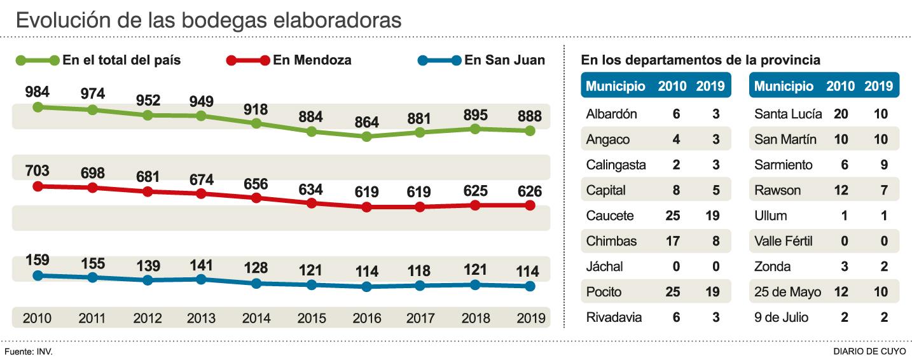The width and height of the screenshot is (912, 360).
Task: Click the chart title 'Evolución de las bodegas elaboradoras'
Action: click(x=209, y=20)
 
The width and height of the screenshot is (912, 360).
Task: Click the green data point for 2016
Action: click(x=366, y=136)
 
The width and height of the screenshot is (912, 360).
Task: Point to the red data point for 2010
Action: click(x=38, y=186)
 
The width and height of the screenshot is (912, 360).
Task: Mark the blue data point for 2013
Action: click(x=201, y=279)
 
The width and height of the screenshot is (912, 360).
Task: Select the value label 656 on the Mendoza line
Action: click(x=256, y=183)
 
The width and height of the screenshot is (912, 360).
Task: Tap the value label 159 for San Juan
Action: click(x=38, y=261)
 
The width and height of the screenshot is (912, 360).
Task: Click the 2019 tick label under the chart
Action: click(x=530, y=318)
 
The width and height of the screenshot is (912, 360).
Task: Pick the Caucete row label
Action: click(x=610, y=216)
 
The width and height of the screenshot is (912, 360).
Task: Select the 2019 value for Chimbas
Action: click(x=712, y=241)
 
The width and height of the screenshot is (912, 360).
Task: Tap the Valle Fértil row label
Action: click(x=783, y=241)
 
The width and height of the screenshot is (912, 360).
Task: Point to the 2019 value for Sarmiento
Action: click(x=884, y=165)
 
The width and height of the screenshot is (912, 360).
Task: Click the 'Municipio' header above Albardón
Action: click(x=615, y=87)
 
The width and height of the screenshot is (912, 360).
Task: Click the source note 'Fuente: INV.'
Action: click(x=28, y=350)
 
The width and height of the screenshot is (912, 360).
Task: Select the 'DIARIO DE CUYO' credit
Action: click(x=870, y=350)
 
